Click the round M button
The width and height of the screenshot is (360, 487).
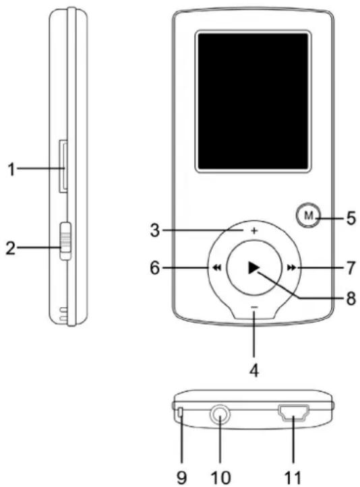308,216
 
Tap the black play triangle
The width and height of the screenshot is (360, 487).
254,267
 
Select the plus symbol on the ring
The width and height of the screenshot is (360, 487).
254,231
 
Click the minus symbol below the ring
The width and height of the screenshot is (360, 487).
254,307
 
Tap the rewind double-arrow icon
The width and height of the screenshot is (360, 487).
217,267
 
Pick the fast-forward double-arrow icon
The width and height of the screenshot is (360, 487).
291,267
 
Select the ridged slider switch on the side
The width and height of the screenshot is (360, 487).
65,240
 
